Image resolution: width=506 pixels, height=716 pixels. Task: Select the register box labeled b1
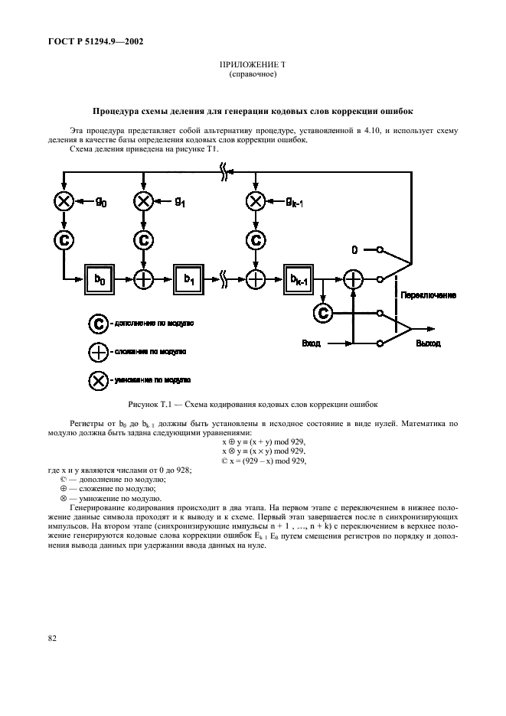[x=188, y=278]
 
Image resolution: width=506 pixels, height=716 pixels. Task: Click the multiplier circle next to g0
[x=63, y=201]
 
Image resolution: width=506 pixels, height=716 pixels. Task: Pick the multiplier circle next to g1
[x=143, y=201]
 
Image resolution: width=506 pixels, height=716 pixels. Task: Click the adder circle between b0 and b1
[x=143, y=278]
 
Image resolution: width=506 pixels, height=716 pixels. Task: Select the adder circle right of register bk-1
[x=353, y=279]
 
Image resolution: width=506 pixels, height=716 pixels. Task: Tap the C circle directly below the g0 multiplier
[x=63, y=239]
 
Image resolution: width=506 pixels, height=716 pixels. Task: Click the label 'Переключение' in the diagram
[x=430, y=295]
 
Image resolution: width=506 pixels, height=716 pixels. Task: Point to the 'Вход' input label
[x=311, y=344]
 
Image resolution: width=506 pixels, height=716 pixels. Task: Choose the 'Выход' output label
[x=428, y=344]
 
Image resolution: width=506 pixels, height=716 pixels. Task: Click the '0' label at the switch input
[x=354, y=250]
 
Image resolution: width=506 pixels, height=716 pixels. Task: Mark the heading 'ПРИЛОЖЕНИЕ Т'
[x=253, y=67]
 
